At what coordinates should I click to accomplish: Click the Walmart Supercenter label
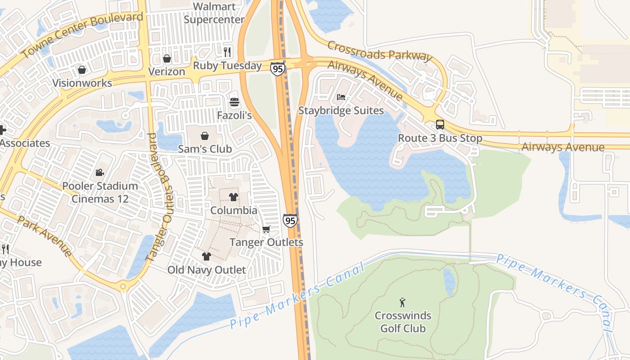point(214,13)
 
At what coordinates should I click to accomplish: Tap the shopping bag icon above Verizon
point(167,58)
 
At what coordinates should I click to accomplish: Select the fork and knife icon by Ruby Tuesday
point(227,52)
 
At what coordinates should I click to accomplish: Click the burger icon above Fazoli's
point(234,102)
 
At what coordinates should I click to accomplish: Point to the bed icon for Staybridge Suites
point(341,97)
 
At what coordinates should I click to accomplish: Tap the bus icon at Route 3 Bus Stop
point(440,125)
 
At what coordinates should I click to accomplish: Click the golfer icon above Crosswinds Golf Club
point(403,302)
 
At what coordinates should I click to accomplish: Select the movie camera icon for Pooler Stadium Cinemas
point(99,172)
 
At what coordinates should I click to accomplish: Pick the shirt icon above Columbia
point(234,197)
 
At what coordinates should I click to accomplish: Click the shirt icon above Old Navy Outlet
point(206,256)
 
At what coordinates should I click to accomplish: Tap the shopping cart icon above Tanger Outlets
point(266,229)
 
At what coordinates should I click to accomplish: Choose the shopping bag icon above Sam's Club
point(205,135)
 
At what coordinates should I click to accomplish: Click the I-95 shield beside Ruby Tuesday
point(278,68)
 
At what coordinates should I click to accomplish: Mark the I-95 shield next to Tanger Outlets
point(290,220)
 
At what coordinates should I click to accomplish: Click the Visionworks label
point(82,83)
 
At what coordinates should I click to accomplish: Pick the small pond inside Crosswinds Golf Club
point(449,281)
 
